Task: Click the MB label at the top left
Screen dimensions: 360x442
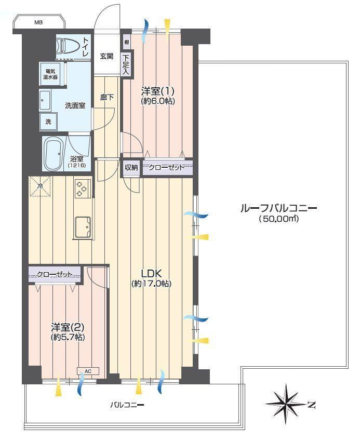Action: coord(38,22)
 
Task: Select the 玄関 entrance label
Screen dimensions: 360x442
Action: coord(107,56)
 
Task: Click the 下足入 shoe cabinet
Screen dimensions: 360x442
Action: coord(126,64)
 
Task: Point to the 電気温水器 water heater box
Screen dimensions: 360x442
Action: coord(50,74)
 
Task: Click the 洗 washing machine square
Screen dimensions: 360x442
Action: coord(48,122)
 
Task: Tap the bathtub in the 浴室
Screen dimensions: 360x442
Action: coord(54,154)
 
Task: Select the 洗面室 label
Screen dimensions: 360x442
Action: coord(75,106)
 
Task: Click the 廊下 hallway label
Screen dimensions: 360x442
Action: coord(107,98)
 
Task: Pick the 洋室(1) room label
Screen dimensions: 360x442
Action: coord(158,91)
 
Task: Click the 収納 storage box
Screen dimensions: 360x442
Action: coord(131,167)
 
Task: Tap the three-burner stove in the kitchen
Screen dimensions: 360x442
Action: coord(83,189)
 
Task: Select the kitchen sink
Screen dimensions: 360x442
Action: coord(83,227)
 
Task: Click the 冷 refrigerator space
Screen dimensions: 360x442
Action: coord(41,186)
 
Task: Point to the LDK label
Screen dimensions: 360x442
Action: coord(151,273)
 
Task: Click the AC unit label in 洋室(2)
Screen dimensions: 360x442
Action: coord(88,371)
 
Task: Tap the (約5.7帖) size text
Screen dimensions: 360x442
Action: coord(68,337)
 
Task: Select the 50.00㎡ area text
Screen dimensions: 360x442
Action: coord(278,219)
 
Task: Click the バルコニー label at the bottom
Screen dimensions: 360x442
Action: coord(127,405)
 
